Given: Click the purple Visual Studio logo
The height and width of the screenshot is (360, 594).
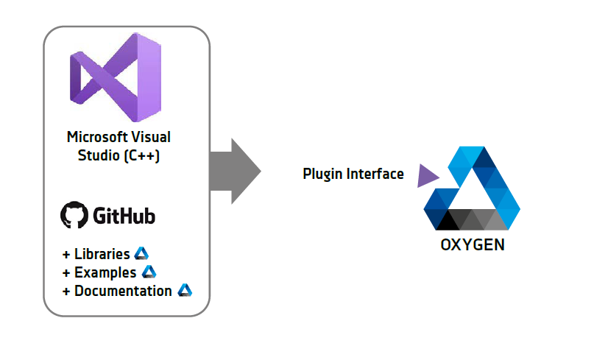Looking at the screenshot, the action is tap(116, 77).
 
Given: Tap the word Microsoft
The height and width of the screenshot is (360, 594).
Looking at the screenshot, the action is tap(97, 137).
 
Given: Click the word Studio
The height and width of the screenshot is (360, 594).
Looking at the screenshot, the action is tap(99, 155).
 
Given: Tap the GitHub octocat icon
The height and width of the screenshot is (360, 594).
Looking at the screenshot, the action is tap(74, 215).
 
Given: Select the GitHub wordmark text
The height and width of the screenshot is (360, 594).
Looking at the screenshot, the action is tap(124, 216).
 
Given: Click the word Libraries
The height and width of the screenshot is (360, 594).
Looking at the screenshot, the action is tap(102, 254).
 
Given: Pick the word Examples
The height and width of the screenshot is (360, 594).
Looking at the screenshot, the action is tap(105, 272).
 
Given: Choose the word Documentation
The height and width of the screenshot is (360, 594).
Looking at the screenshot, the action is tap(123, 291).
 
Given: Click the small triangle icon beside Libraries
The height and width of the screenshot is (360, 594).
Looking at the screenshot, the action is tap(141, 253).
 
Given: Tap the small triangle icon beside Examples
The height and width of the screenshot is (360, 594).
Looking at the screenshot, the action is tap(149, 272).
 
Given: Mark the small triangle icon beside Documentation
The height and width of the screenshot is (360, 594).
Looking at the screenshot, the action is tap(185, 290).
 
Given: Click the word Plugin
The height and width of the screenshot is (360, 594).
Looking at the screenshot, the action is tap(322, 174).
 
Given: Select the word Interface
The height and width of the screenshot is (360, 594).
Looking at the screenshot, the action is tap(375, 174).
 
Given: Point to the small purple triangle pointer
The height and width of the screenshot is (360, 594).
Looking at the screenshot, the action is tap(427, 176).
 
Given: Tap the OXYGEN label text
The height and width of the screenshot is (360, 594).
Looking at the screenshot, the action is tap(473, 245).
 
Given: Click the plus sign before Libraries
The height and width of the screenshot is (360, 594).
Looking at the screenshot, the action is tap(66, 254).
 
